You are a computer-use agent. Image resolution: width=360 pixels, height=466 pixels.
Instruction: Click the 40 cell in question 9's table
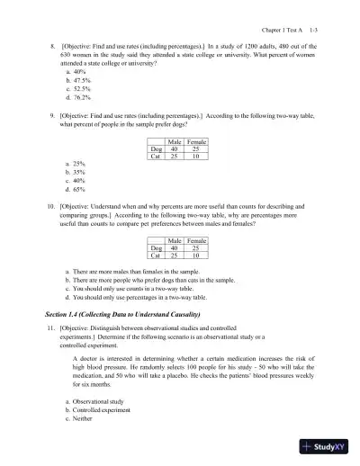coord(175,149)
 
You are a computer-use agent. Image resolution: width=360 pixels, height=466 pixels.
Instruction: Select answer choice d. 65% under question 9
coord(75,191)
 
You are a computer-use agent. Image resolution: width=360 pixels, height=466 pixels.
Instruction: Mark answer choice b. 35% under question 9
coord(75,173)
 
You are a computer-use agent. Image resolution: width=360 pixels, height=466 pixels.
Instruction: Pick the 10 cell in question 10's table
coord(196,255)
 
